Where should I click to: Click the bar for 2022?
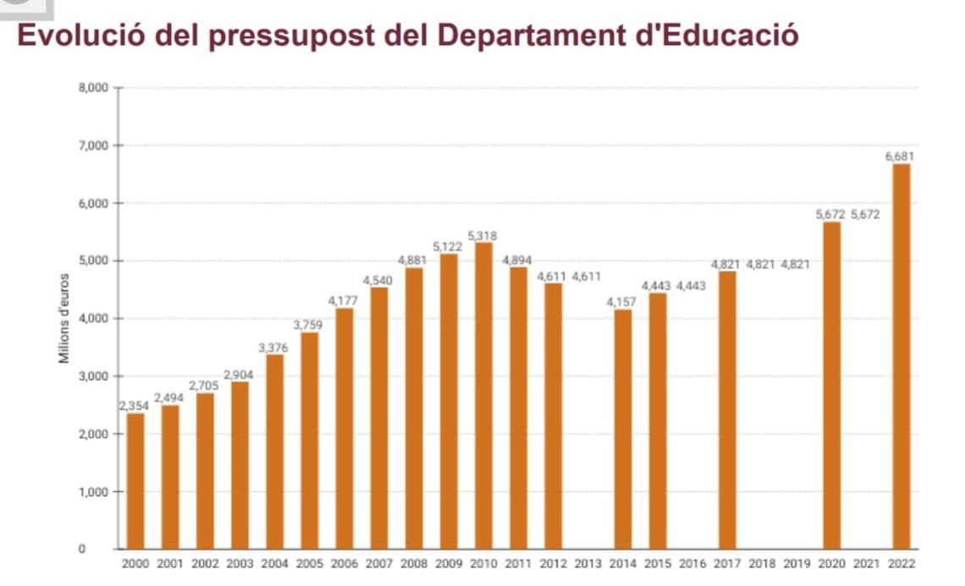[901, 356]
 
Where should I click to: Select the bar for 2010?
[483, 395]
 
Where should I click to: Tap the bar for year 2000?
[135, 480]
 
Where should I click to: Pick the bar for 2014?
[622, 428]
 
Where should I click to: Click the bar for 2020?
[831, 385]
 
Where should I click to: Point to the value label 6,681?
[900, 157]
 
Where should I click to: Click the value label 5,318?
[482, 235]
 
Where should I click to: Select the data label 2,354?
[134, 406]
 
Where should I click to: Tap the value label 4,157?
[622, 302]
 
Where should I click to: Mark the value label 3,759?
[309, 324]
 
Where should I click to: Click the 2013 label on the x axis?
[587, 562]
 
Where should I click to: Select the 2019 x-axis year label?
[796, 562]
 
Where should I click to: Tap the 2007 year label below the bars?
[378, 562]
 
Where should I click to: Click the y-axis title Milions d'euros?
[63, 318]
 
